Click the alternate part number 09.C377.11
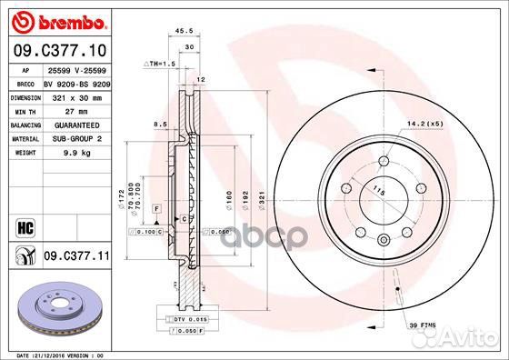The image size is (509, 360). pyautogui.click(x=76, y=257)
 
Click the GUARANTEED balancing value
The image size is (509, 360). pyautogui.click(x=70, y=124)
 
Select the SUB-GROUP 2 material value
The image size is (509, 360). pyautogui.click(x=70, y=138)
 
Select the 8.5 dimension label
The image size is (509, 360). pyautogui.click(x=159, y=124)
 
